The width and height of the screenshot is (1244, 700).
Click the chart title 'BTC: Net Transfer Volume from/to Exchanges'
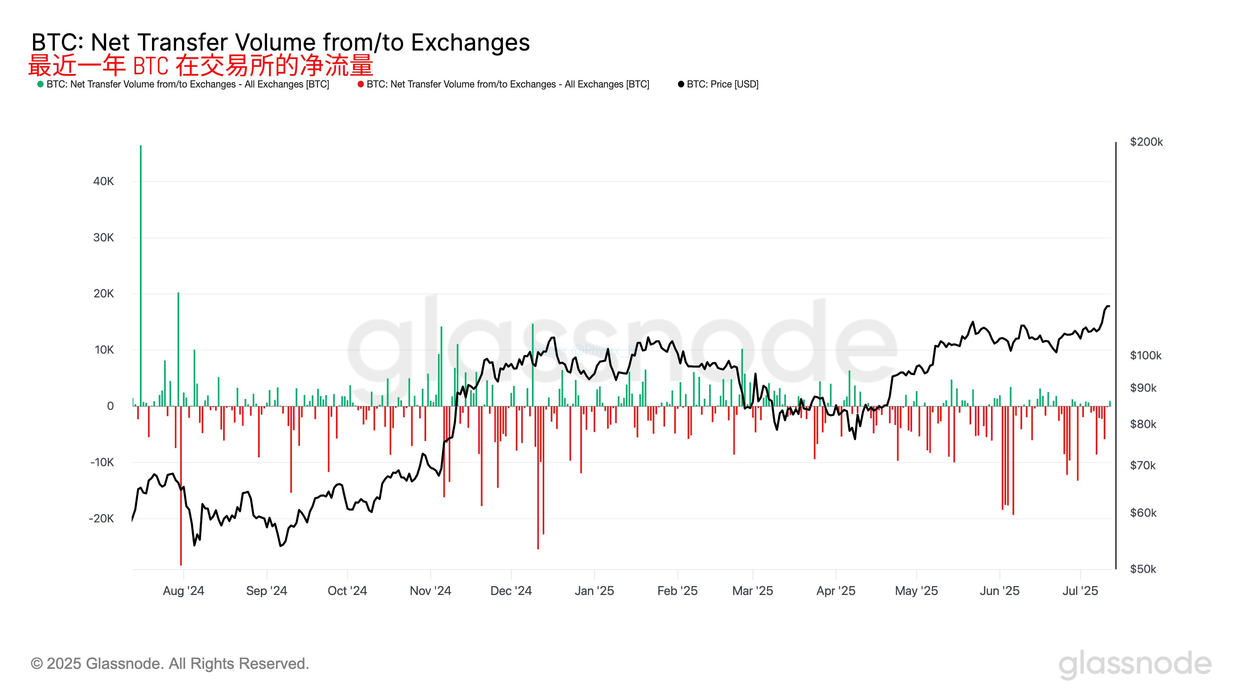pos(280,42)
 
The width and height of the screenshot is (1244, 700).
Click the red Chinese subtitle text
pos(201,65)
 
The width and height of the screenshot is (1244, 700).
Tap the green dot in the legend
pos(40,84)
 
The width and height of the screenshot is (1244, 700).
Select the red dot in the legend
pos(360,84)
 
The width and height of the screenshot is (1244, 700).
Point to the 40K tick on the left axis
pos(103,181)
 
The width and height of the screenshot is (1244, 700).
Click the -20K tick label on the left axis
pos(101,518)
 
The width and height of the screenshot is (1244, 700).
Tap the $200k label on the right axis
pos(1146,142)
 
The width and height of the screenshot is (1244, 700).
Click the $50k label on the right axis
pos(1143,569)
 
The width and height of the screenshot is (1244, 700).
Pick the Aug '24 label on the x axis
pos(183,591)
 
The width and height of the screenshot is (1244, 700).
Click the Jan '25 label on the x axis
pos(594,591)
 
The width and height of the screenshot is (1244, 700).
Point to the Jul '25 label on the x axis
pos(1080,591)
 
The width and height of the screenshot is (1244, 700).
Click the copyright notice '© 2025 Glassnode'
pos(169,664)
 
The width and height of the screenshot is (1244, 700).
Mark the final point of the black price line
pos(1109,306)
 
